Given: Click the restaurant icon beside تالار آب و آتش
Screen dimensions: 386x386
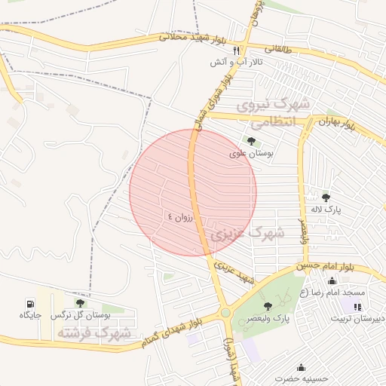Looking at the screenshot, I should [236, 51].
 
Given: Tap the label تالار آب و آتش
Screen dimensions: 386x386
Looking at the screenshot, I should [236, 63].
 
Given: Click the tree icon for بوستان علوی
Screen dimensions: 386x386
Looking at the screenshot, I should [251, 141].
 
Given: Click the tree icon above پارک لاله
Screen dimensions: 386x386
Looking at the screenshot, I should [326, 198].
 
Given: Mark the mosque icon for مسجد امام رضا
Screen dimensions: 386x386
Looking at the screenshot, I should [332, 280].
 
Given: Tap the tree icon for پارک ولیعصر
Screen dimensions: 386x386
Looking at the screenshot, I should [268, 305].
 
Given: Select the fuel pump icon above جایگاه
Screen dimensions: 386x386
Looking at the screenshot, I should [29, 302].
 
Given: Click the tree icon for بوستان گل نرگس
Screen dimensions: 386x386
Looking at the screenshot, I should [80, 303].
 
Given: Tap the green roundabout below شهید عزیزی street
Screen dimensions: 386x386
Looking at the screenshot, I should [225, 314].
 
